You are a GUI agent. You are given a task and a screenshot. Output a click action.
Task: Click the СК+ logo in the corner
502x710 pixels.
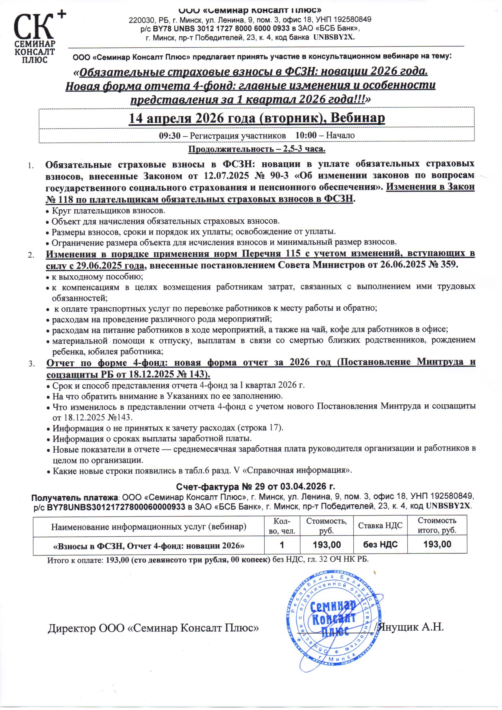click(35, 37)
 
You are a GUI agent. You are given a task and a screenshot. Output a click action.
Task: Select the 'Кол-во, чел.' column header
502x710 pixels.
click(282, 526)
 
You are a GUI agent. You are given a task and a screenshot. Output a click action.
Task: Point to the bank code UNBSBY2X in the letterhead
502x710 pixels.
click(334, 37)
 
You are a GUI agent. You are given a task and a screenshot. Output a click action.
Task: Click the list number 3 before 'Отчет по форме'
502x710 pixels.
click(32, 365)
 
